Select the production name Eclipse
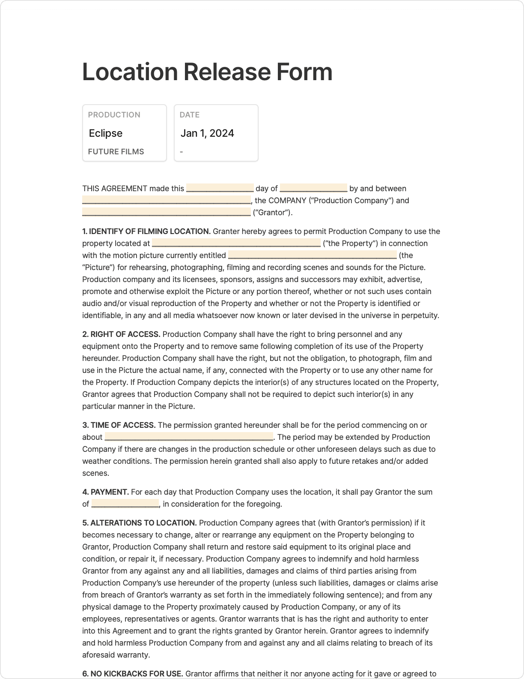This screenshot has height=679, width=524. point(106,133)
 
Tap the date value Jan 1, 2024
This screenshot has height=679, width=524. point(207,133)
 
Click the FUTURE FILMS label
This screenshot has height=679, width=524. point(116,152)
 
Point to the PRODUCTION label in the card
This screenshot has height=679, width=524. point(114,115)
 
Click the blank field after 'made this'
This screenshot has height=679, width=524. point(220,188)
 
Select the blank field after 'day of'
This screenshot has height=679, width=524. point(313,188)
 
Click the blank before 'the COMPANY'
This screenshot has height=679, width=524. point(166,200)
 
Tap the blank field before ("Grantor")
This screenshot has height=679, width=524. point(166,212)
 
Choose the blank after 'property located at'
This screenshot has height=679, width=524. point(236,243)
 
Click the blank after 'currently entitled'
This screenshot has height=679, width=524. point(312,255)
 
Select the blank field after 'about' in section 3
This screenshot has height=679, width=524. point(188,437)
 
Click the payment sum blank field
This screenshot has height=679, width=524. point(125,504)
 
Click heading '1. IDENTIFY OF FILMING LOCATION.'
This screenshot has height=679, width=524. point(146,231)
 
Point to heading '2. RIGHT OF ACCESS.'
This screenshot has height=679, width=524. point(121,334)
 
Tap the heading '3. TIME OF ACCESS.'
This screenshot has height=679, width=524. point(119,425)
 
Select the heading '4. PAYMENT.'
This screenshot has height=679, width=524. point(106,492)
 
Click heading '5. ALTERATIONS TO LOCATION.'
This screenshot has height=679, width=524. point(140,523)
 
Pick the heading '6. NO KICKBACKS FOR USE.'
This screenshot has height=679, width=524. point(133,674)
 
